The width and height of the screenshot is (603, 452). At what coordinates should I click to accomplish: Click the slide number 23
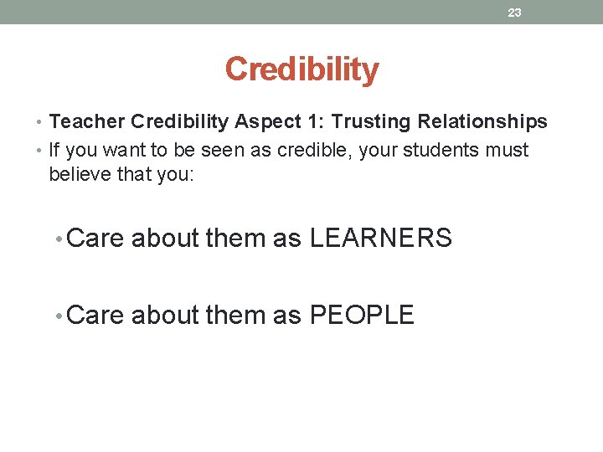click(x=514, y=13)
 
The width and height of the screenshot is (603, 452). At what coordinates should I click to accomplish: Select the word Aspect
click(x=263, y=122)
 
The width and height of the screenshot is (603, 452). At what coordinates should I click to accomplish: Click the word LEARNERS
click(x=381, y=239)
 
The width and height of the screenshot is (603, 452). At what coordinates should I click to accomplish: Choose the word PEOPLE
click(x=362, y=316)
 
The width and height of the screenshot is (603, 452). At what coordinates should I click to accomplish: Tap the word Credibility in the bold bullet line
click(x=179, y=122)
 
